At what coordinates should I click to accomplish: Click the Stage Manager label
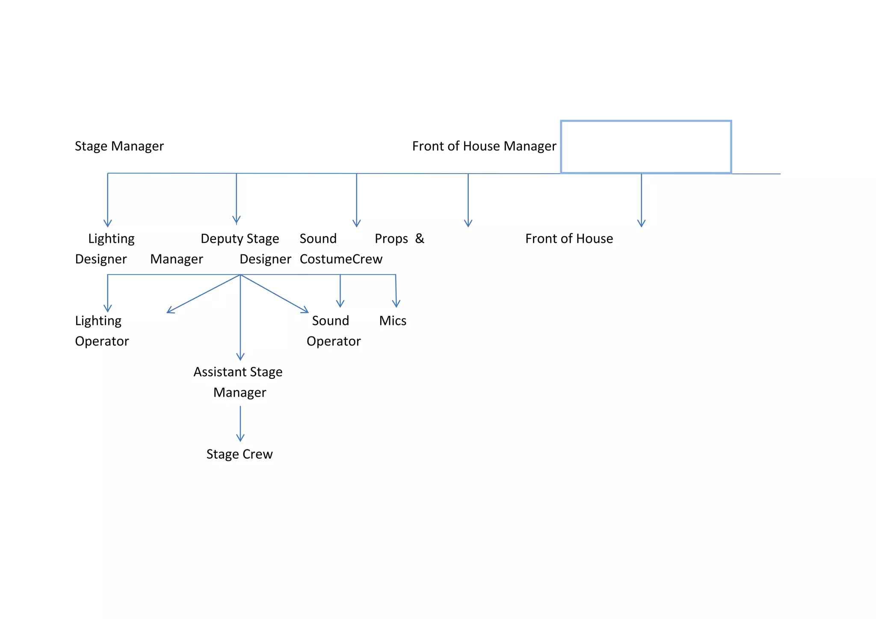[x=119, y=146]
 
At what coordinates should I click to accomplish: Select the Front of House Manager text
[x=484, y=146]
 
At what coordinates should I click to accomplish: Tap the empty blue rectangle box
[x=646, y=147]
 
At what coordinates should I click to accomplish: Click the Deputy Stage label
[x=240, y=239]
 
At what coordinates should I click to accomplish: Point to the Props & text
[x=399, y=239]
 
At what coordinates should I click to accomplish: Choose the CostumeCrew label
[x=341, y=259]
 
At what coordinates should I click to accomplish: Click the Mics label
[x=393, y=321]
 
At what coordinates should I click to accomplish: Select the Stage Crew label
[x=240, y=454]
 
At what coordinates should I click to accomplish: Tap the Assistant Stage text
[x=238, y=372]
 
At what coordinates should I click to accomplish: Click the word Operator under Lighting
[x=102, y=341]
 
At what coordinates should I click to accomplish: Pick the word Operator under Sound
[x=334, y=341]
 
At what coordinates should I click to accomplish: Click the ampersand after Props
[x=420, y=238]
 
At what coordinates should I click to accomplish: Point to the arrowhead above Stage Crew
[x=240, y=437]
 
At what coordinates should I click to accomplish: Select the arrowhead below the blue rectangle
[x=641, y=223]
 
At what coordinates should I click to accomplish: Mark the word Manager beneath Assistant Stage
[x=240, y=392]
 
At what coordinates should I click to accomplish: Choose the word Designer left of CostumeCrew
[x=265, y=259]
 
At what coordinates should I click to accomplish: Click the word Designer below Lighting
[x=101, y=259]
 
